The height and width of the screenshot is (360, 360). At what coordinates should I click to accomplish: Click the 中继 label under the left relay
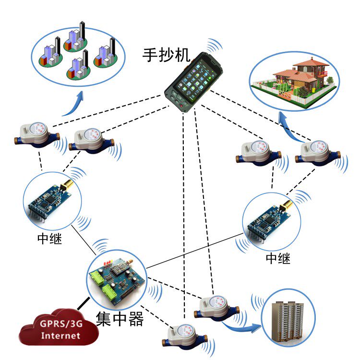pyautogui.click(x=49, y=239)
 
